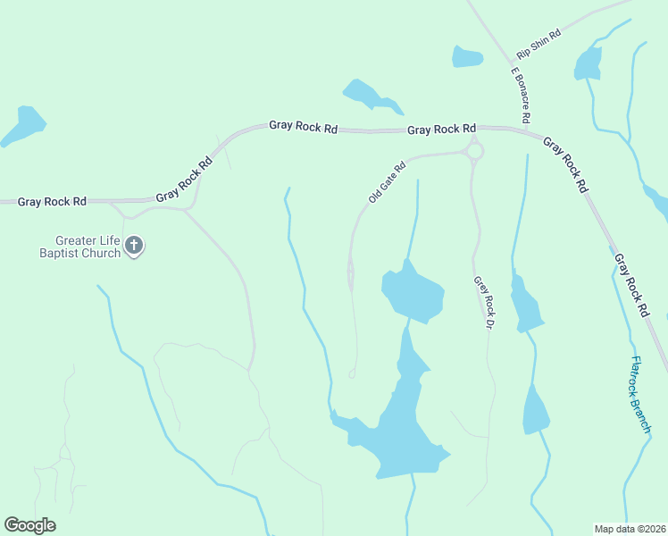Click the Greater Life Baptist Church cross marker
pos(134,246)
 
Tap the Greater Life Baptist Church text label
pos(88,247)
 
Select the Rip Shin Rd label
pos(539,45)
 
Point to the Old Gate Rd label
pos(387,181)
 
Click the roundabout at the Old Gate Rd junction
pos(474,152)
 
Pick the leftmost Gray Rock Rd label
pos(53,202)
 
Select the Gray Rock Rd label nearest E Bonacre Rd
pos(441,130)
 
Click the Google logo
pos(29,525)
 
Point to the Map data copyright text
pos(630,528)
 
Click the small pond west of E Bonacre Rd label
pos(467,56)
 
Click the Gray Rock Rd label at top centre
pos(303,127)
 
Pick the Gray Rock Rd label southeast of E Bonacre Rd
pos(565,166)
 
